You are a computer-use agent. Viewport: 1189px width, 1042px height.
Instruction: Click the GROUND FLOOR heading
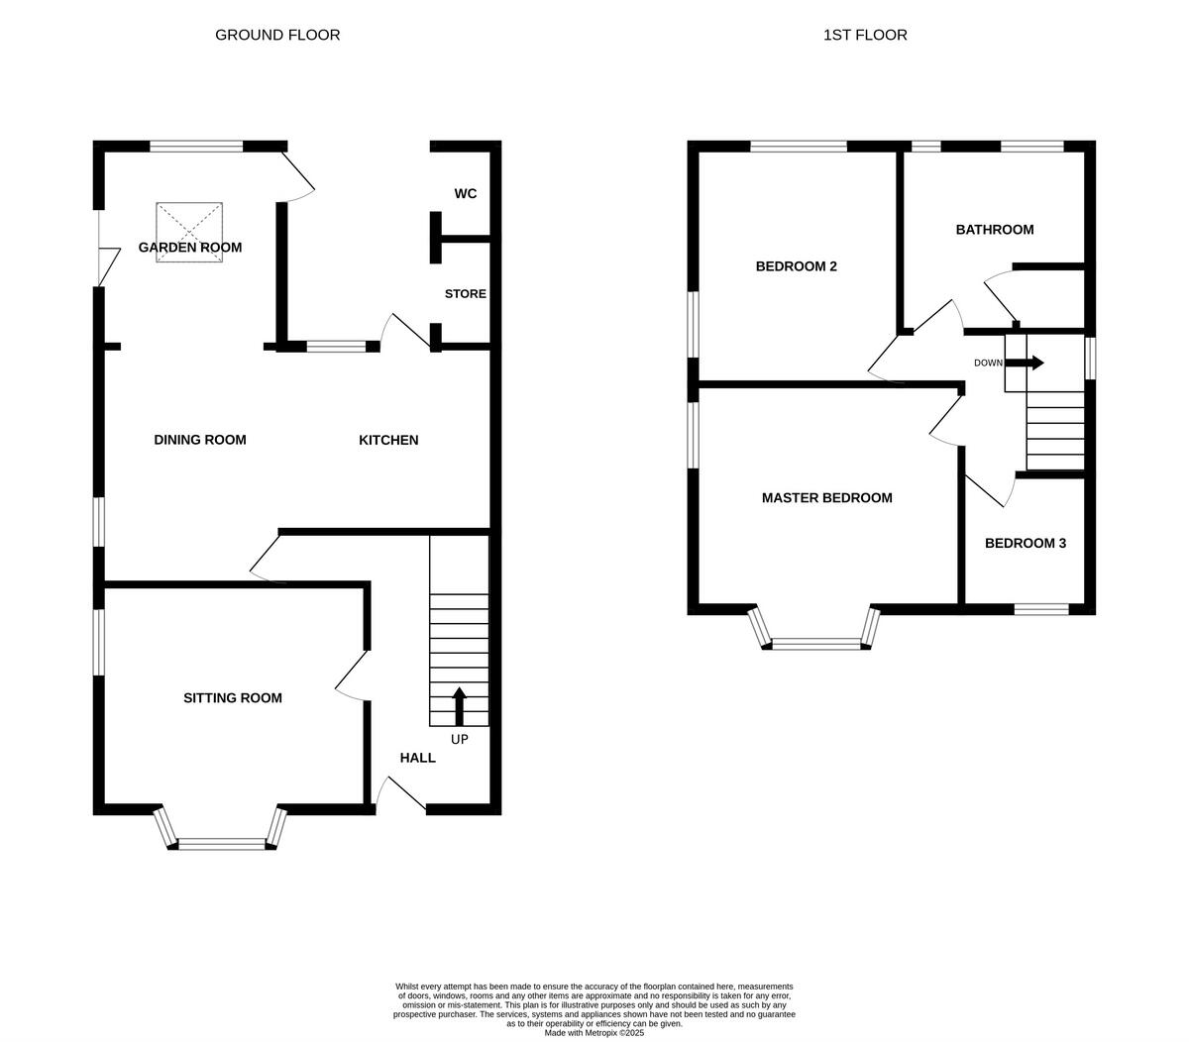pyautogui.click(x=277, y=35)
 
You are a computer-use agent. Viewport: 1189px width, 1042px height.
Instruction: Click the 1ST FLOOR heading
pyautogui.click(x=865, y=35)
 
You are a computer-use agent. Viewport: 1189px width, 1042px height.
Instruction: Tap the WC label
pyautogui.click(x=466, y=193)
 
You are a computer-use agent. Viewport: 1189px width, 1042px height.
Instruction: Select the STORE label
pyautogui.click(x=466, y=294)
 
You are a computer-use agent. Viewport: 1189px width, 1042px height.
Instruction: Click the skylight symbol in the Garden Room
pyautogui.click(x=189, y=232)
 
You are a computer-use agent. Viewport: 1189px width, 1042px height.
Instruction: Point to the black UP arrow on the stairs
pyautogui.click(x=459, y=706)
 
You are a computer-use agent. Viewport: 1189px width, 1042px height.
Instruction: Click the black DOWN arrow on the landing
pyautogui.click(x=1025, y=363)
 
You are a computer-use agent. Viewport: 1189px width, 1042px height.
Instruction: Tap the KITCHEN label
pyautogui.click(x=388, y=440)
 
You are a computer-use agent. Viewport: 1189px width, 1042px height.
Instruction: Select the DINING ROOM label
pyautogui.click(x=200, y=440)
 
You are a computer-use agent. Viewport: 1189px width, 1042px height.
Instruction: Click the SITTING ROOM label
pyautogui.click(x=233, y=698)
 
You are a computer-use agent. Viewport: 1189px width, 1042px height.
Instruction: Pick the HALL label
pyautogui.click(x=418, y=758)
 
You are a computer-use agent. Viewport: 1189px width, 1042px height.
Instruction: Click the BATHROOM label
pyautogui.click(x=994, y=230)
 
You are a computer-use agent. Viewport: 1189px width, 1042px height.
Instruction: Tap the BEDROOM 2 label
pyautogui.click(x=797, y=266)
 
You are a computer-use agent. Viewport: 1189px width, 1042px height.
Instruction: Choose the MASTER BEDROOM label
pyautogui.click(x=826, y=498)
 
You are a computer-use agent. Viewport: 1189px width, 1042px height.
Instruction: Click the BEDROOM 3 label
pyautogui.click(x=1026, y=543)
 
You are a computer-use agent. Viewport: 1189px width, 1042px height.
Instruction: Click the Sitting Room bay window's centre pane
pyautogui.click(x=222, y=844)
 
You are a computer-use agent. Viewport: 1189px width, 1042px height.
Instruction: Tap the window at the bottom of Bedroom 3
pyautogui.click(x=1041, y=609)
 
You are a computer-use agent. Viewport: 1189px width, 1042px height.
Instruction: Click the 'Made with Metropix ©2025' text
pyautogui.click(x=594, y=1032)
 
